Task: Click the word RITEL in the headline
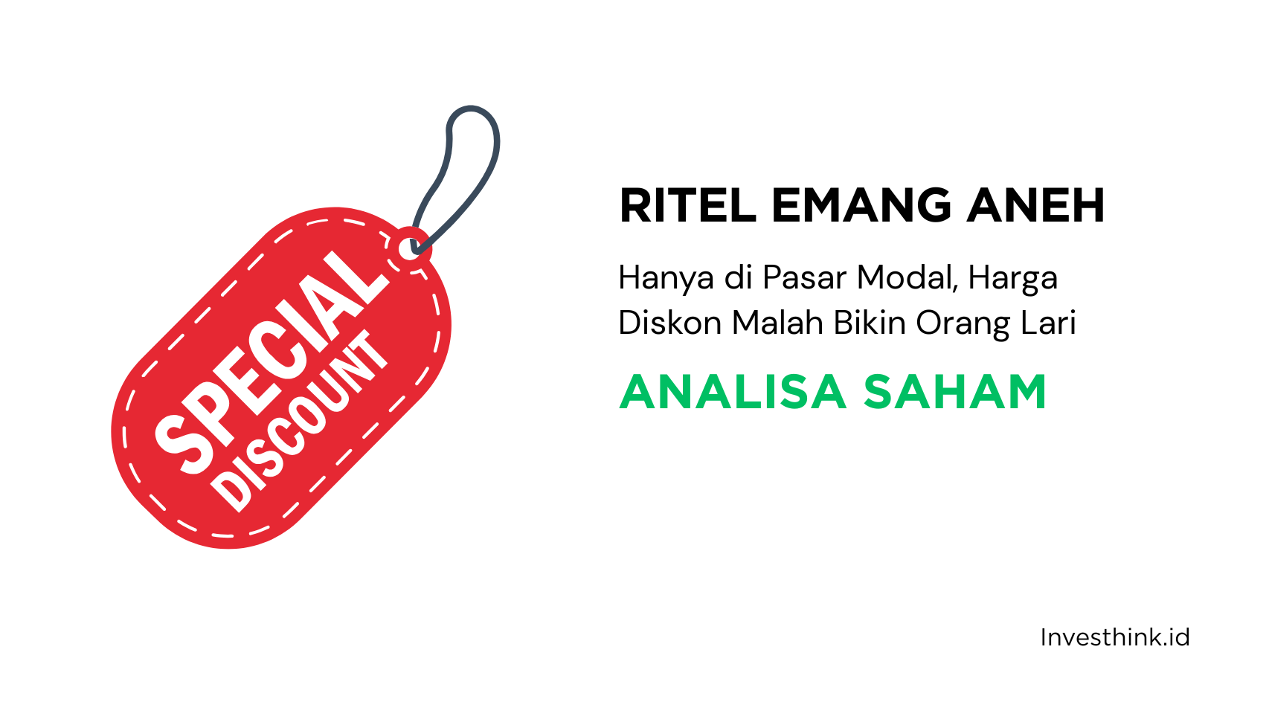pyautogui.click(x=687, y=206)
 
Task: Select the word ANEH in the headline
pyautogui.click(x=1035, y=206)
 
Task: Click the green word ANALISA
pyautogui.click(x=733, y=392)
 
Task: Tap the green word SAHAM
pyautogui.click(x=955, y=392)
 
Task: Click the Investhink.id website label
pyautogui.click(x=1114, y=637)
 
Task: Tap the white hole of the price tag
pyautogui.click(x=410, y=248)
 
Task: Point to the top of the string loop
pyautogui.click(x=472, y=109)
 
